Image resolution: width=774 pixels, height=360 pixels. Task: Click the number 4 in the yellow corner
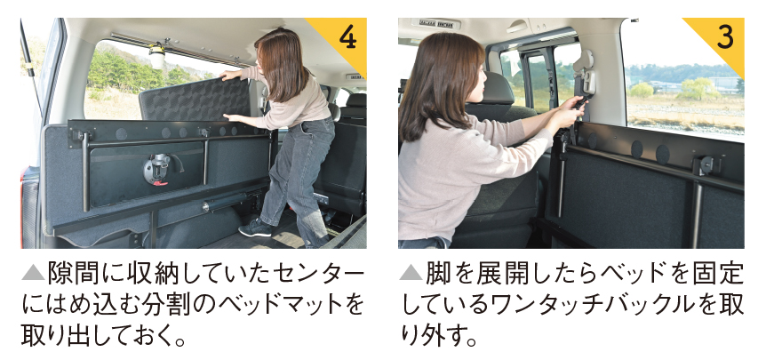[348, 38]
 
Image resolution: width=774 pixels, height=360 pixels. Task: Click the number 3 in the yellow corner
[725, 38]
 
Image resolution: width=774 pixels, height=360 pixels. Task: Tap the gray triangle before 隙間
[33, 273]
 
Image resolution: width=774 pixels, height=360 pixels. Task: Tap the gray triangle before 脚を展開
[411, 273]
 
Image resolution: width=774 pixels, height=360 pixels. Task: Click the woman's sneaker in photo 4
[255, 228]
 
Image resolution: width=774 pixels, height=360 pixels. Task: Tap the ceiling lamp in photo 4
[157, 56]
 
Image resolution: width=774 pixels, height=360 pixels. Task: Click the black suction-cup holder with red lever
[157, 169]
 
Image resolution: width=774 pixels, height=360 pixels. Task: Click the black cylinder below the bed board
[225, 202]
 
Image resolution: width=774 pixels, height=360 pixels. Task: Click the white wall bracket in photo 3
[586, 72]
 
